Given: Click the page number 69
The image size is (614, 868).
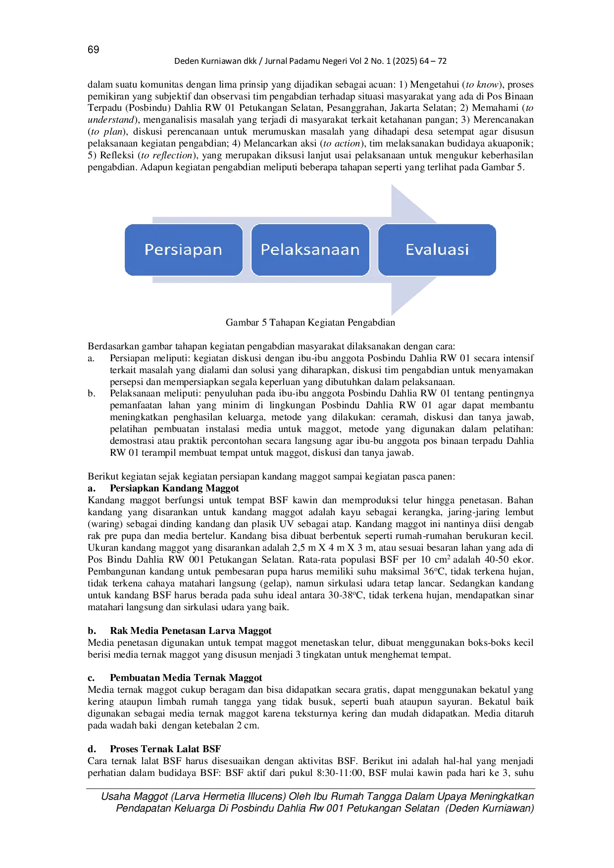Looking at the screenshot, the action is coord(93,49).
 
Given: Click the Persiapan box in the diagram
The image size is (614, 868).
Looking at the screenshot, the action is coord(184,250).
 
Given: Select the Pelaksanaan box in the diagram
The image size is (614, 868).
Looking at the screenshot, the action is coord(310,250).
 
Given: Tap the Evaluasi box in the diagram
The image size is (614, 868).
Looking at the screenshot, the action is coord(437,250).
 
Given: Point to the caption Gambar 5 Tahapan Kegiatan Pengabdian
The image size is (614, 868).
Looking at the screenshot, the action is coord(310,323).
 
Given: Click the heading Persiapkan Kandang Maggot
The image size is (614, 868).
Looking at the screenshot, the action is coord(174,488).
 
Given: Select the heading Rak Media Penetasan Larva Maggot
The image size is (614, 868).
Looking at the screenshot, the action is coord(191,631).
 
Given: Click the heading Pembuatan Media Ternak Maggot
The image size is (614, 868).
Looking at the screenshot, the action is coord(186,678).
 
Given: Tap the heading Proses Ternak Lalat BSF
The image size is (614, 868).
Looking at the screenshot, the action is coord(165,749).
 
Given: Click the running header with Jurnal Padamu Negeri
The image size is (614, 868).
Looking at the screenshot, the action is coord(310,61).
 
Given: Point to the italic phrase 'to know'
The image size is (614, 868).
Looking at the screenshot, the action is coord(482,85).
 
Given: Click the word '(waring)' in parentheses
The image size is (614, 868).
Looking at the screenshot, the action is coord(105,525).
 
